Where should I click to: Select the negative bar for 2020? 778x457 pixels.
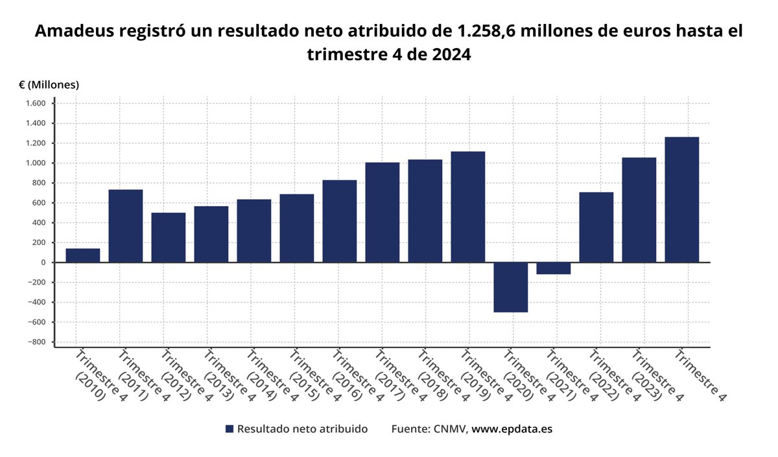[x=510, y=287]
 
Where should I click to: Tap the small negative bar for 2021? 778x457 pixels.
[x=553, y=268]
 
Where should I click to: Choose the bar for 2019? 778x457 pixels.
[x=467, y=207]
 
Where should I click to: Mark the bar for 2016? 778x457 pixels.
[x=339, y=221]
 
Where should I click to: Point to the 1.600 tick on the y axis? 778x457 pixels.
[x=36, y=104]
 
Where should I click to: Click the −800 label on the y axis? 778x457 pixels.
[x=36, y=342]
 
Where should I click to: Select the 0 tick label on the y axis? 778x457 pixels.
[x=42, y=263]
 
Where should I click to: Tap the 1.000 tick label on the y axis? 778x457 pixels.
[x=36, y=163]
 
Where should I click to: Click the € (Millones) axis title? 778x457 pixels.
[x=49, y=85]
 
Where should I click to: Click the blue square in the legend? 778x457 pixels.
[x=229, y=429]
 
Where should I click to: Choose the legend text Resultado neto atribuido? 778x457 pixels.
[x=302, y=429]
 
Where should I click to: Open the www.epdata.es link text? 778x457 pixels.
[x=512, y=429]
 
